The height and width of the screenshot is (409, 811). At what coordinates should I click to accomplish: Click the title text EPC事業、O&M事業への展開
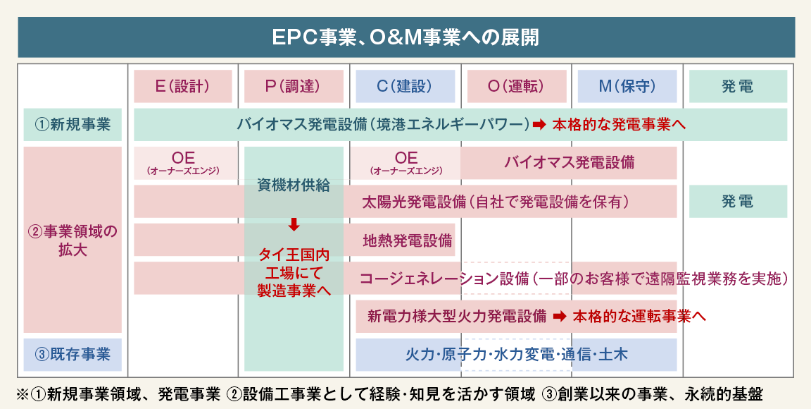click(405, 37)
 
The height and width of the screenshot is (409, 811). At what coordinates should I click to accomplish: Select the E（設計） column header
click(182, 86)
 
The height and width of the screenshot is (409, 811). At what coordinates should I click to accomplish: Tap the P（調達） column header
click(293, 86)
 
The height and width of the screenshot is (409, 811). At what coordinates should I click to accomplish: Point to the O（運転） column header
click(515, 86)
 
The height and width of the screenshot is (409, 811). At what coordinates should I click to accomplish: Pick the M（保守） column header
click(627, 86)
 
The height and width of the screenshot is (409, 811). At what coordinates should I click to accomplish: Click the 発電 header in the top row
click(737, 86)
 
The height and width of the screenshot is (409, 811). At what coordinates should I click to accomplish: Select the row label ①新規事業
click(73, 125)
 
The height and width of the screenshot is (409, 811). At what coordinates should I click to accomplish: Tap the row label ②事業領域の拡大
click(73, 240)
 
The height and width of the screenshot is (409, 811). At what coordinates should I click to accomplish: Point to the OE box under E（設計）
click(183, 163)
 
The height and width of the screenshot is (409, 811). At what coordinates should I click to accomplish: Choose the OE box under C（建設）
click(405, 163)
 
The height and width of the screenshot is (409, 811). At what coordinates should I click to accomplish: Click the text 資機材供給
click(294, 185)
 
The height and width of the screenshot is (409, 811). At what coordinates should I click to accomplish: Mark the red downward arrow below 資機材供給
click(294, 225)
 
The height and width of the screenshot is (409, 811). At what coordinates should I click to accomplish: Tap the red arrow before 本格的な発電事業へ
click(539, 125)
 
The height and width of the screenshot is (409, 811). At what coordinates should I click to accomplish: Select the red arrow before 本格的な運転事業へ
click(559, 317)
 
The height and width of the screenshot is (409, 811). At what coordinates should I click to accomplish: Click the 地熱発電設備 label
click(407, 240)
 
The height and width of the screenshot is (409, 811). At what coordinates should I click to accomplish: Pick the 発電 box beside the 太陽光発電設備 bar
click(737, 202)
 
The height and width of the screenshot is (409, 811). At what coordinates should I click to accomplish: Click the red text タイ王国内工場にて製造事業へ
click(294, 272)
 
